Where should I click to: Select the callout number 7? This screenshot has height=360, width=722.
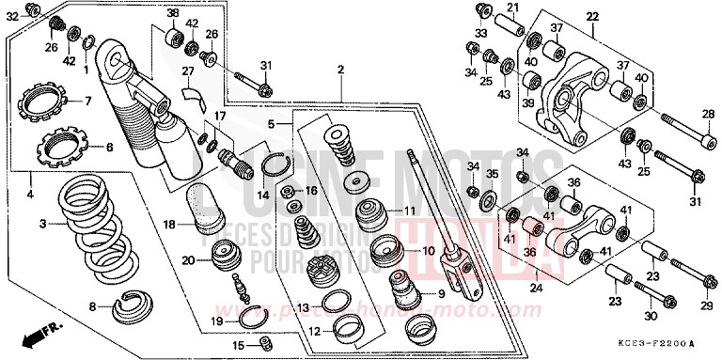point(87,102)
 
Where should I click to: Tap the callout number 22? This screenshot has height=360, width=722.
point(591,17)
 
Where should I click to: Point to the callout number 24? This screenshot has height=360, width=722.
point(537,288)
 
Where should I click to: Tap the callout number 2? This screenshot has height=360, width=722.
point(340,70)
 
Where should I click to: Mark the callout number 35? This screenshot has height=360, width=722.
point(492,174)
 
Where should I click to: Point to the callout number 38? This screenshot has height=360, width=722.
point(173,12)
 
